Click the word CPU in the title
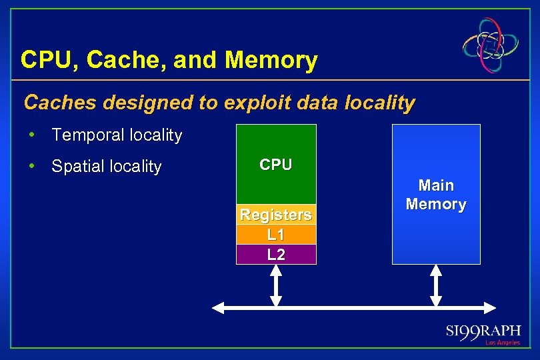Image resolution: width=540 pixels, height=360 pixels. [x=43, y=61]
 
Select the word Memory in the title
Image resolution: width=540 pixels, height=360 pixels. [x=272, y=61]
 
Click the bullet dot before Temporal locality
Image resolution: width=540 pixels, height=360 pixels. [x=32, y=135]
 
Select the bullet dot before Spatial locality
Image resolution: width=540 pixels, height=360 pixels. [x=32, y=166]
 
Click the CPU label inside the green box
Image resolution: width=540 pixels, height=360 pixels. [x=276, y=165]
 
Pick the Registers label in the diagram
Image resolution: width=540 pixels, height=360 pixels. [x=276, y=215]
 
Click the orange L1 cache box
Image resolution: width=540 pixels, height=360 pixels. [x=276, y=235]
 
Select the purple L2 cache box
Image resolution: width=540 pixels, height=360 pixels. [x=276, y=254]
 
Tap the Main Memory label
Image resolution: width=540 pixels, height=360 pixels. [x=436, y=195]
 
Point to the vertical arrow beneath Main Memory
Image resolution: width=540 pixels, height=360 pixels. [x=436, y=285]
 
